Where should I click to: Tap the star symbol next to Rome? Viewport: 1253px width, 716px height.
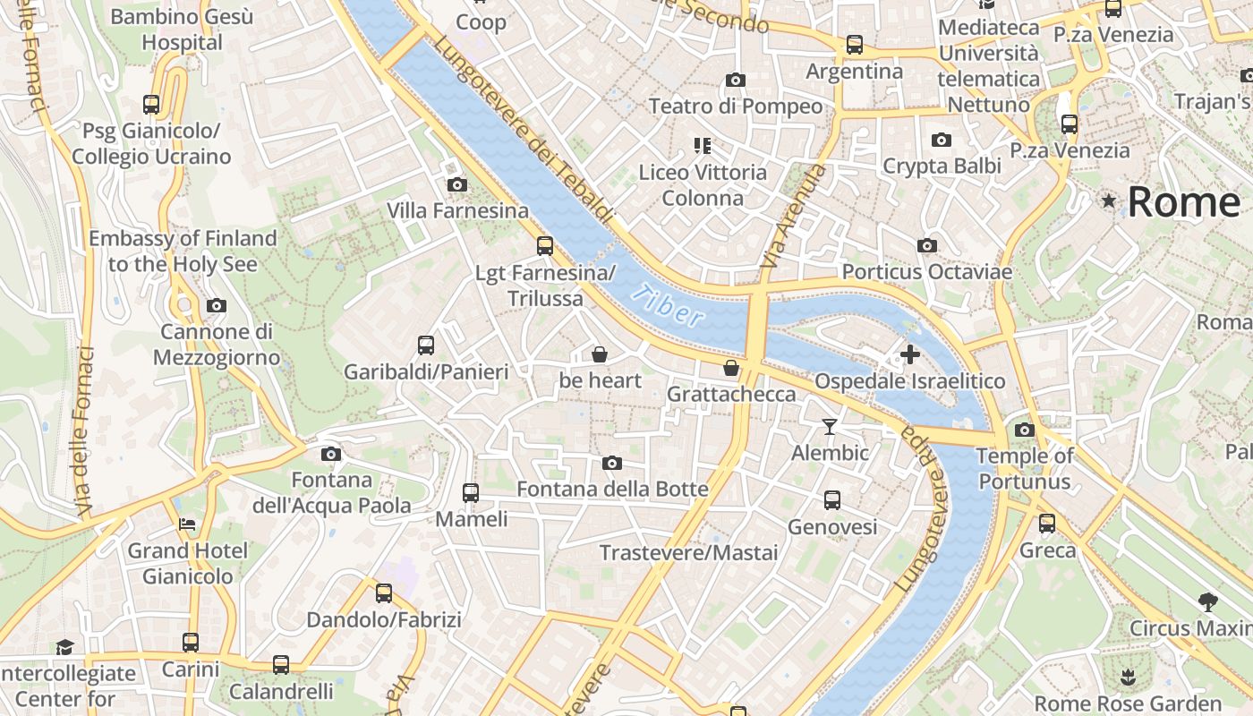pyautogui.click(x=1109, y=201)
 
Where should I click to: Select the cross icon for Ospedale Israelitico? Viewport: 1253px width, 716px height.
pyautogui.click(x=909, y=354)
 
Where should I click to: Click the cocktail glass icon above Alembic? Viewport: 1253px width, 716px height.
pyautogui.click(x=830, y=427)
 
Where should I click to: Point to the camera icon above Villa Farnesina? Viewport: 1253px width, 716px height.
pyautogui.click(x=456, y=185)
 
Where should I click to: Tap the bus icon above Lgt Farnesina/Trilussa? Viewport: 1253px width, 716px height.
pyautogui.click(x=544, y=246)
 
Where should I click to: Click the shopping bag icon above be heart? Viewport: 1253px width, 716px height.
pyautogui.click(x=600, y=354)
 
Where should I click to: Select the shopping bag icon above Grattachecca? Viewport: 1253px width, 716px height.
pyautogui.click(x=731, y=368)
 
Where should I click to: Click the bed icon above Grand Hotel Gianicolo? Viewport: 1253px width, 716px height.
pyautogui.click(x=187, y=524)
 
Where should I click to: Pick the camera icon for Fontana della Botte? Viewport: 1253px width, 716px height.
pyautogui.click(x=612, y=463)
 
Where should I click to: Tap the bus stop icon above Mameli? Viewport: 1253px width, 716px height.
pyautogui.click(x=470, y=492)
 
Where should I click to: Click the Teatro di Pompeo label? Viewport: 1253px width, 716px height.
pyautogui.click(x=735, y=106)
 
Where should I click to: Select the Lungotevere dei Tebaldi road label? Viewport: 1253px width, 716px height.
pyautogui.click(x=524, y=129)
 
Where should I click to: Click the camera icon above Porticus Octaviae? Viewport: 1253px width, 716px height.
pyautogui.click(x=927, y=245)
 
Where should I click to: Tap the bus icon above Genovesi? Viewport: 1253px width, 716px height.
pyautogui.click(x=832, y=500)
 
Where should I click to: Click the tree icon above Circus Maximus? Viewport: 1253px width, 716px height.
pyautogui.click(x=1207, y=601)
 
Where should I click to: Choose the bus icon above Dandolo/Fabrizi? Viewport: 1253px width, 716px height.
pyautogui.click(x=384, y=592)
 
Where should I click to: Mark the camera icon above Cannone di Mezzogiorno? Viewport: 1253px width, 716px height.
pyautogui.click(x=216, y=305)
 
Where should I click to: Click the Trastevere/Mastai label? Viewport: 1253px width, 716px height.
pyautogui.click(x=688, y=552)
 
